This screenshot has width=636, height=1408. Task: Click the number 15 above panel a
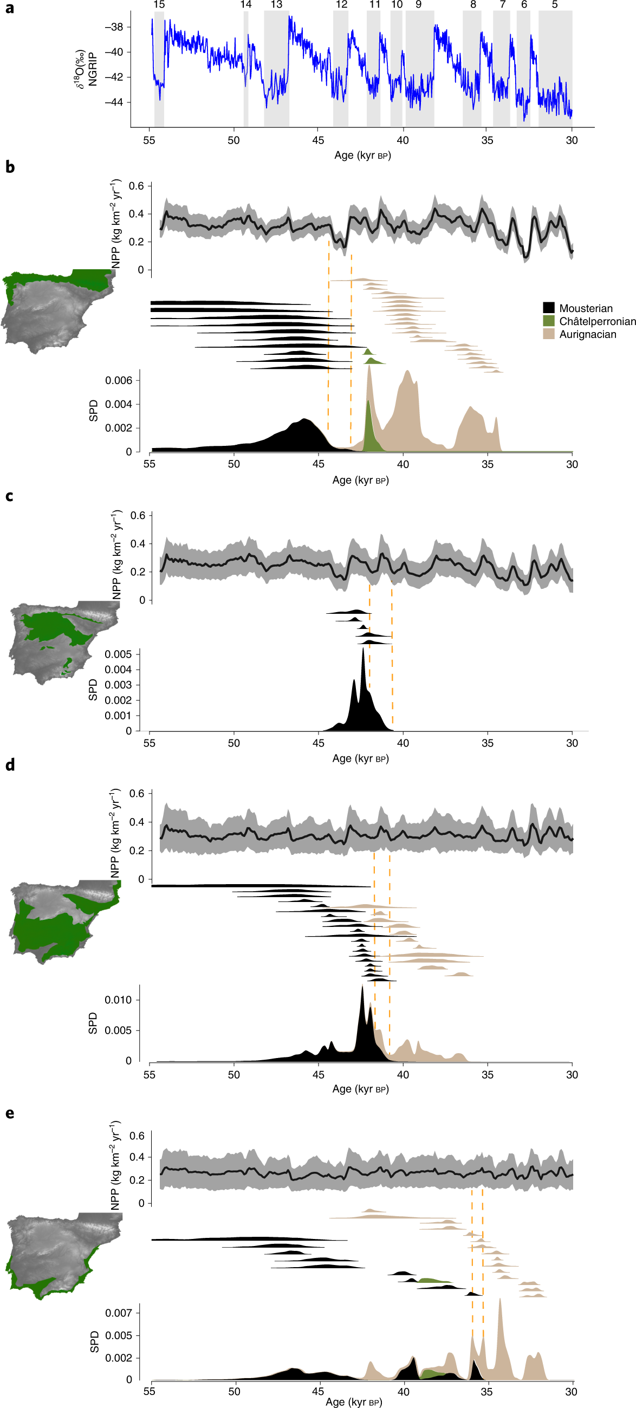point(159,4)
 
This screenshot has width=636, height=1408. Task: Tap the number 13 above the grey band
point(276,4)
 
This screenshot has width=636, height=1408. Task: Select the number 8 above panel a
point(473,4)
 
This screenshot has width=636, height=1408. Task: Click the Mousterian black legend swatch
point(549,308)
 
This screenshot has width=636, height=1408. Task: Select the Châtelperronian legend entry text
point(597,321)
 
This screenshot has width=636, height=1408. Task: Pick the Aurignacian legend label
point(587,334)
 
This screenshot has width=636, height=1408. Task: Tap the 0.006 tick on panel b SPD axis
point(119,380)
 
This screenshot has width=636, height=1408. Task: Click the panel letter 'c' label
point(9,496)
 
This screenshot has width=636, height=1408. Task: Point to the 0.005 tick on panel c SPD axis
point(118,654)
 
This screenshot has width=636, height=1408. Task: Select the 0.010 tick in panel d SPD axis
point(118,1000)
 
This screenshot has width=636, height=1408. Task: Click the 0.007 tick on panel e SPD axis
point(119,1313)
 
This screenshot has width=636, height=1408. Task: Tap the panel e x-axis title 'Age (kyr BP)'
point(354,1402)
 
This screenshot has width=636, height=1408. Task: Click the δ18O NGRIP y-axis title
point(87,69)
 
